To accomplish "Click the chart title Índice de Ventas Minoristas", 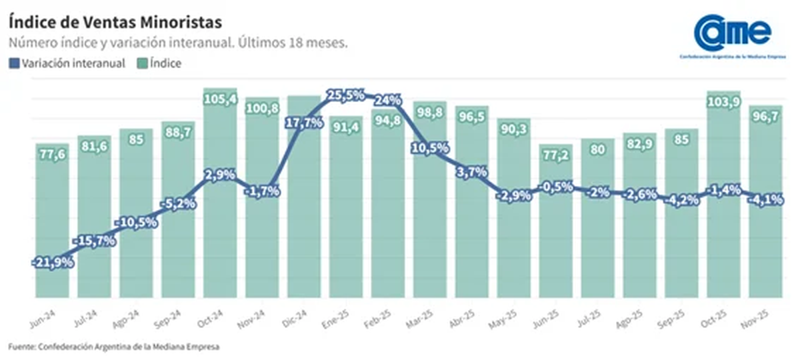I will (115, 21).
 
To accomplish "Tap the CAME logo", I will (732, 35).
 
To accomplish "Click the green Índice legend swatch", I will (143, 64).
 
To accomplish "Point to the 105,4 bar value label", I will (220, 100).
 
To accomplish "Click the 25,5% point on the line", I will (345, 95).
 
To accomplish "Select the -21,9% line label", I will (53, 263).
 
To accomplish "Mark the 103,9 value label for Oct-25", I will (723, 103).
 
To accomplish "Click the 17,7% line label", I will (304, 123).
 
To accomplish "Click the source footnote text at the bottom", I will (114, 347).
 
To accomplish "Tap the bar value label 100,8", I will (262, 109).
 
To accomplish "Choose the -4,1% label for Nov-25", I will (765, 199).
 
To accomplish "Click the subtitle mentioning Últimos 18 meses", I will (178, 43).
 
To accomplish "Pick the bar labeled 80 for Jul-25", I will (597, 220).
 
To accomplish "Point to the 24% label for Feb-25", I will (387, 101).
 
